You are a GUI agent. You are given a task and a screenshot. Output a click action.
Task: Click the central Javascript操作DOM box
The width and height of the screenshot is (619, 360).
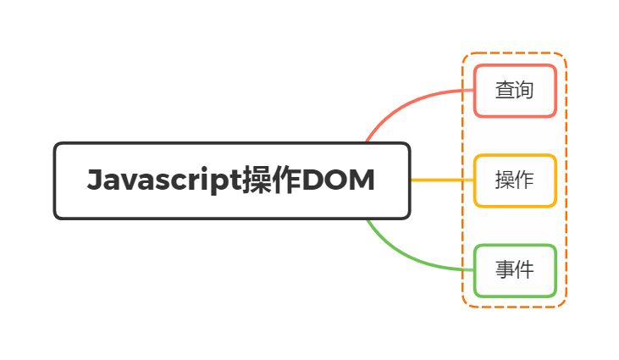coord(231,180)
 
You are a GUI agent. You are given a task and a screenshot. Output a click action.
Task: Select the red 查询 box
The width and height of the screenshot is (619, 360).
coord(514,91)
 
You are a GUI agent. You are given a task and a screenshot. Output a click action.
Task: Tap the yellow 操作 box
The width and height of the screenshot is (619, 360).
coord(514,180)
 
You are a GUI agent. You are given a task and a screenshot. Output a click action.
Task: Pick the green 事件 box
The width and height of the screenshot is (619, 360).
coord(514,270)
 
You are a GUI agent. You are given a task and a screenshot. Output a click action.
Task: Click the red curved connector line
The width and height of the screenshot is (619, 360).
coord(406,101)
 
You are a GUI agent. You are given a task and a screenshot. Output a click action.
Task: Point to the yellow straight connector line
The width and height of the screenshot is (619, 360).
coord(440,180)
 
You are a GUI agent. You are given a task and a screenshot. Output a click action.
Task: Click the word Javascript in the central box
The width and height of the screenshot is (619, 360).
coord(163,180)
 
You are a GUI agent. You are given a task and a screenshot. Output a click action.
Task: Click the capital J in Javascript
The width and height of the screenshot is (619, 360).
coord(95,180)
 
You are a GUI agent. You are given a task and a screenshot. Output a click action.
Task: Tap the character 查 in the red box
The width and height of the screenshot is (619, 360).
coord(505,91)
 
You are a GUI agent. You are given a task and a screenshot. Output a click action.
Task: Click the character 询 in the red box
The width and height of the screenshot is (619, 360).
coord(524,91)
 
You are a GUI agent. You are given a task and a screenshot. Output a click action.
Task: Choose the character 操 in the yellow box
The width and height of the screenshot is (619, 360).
coord(505,180)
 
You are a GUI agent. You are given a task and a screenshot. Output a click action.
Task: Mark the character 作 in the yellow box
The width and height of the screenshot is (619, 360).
coord(524,180)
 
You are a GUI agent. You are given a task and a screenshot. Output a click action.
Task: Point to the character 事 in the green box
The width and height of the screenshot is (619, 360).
coord(505,270)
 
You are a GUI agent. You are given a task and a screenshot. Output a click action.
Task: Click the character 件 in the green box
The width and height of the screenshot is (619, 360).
coord(524,270)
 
